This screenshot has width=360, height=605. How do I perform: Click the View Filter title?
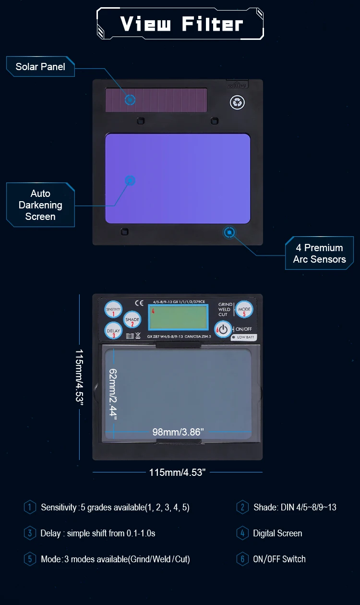click(181, 24)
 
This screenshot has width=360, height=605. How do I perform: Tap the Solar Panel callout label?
click(40, 67)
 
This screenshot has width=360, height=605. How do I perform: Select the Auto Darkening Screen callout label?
click(40, 205)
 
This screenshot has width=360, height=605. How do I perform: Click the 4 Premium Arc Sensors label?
click(319, 254)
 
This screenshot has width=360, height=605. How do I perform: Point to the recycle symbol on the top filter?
click(237, 102)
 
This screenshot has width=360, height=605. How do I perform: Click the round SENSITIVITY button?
click(113, 310)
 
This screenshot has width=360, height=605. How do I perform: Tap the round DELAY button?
click(113, 331)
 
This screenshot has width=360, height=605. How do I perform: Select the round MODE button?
click(244, 310)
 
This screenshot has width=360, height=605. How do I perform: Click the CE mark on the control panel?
click(139, 303)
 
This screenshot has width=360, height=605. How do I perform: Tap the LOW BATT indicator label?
click(244, 338)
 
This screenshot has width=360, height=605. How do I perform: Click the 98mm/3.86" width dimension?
click(178, 432)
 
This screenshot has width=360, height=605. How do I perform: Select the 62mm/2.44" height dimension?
click(113, 394)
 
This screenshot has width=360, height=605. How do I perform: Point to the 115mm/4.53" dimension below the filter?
click(177, 472)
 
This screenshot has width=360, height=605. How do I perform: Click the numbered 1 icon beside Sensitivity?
click(30, 507)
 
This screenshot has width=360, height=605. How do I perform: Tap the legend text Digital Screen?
click(277, 533)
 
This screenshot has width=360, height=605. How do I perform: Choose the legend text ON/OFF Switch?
click(279, 559)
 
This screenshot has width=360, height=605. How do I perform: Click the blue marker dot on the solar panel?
click(130, 100)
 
